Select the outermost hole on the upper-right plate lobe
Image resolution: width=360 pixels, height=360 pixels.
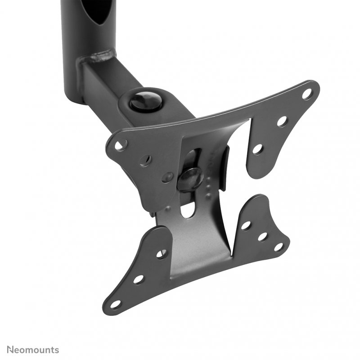[x=307, y=94]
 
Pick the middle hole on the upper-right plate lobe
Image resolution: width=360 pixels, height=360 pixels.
[x=282, y=121]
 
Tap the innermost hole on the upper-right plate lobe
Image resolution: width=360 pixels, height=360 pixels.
[x=257, y=148]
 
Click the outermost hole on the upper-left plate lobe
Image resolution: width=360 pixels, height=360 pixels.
[x=120, y=145]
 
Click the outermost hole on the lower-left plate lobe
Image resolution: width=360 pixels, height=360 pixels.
[x=116, y=304]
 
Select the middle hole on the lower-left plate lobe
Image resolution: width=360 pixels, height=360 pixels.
[x=138, y=279]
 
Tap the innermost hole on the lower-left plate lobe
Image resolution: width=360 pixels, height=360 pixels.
[x=162, y=254]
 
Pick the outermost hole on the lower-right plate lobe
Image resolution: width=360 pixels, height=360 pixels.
[x=279, y=247]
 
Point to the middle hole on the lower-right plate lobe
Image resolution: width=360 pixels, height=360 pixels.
[x=262, y=236]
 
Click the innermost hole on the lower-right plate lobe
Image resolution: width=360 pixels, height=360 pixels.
[x=246, y=225]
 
